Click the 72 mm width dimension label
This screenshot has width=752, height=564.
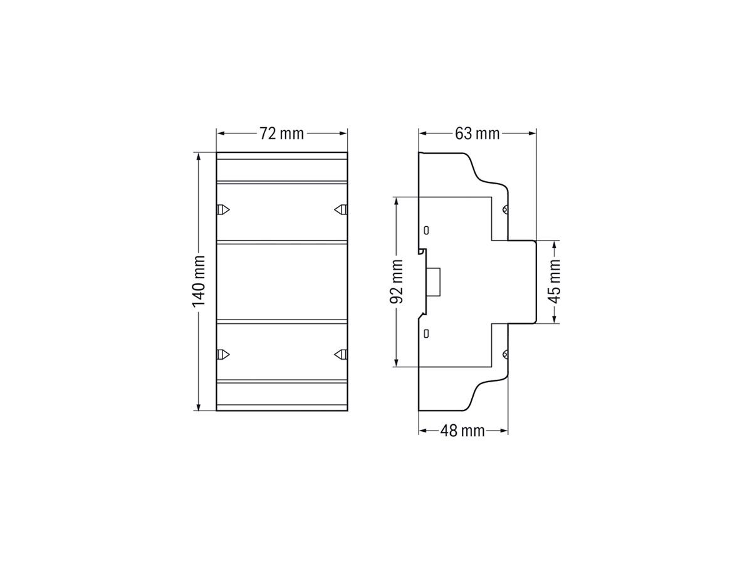(282, 133)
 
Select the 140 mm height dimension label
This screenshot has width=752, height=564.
(199, 281)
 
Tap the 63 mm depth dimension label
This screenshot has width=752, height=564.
(478, 133)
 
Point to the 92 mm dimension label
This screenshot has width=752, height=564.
(396, 281)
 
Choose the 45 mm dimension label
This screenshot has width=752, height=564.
(554, 281)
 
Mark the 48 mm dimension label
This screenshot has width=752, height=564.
(462, 431)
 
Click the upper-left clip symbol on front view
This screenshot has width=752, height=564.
(223, 209)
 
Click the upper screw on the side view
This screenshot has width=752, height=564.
(504, 210)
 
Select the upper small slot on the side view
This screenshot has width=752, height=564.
(426, 230)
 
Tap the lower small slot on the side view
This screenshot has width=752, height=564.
(426, 333)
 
